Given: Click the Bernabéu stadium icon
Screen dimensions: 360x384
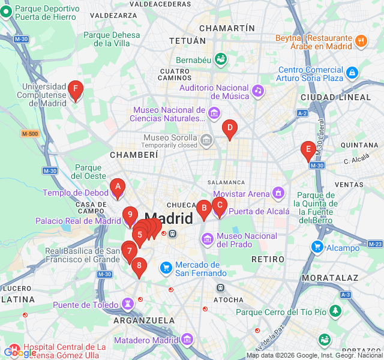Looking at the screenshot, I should [220, 59].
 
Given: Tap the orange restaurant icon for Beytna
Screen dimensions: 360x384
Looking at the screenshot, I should [361, 41].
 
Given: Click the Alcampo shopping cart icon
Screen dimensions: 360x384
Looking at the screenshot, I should [317, 247].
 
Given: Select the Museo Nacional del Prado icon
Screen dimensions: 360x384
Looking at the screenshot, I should [208, 240].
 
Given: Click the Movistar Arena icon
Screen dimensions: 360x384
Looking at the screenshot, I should [278, 193].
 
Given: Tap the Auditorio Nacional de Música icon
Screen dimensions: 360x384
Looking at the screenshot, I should [257, 91].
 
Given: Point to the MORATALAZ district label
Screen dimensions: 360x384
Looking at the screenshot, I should [331, 278].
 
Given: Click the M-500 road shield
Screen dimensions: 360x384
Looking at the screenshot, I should [29, 133].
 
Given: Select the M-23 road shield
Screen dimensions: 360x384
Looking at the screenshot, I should [375, 244].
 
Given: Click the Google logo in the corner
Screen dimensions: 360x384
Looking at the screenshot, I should [20, 352].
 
